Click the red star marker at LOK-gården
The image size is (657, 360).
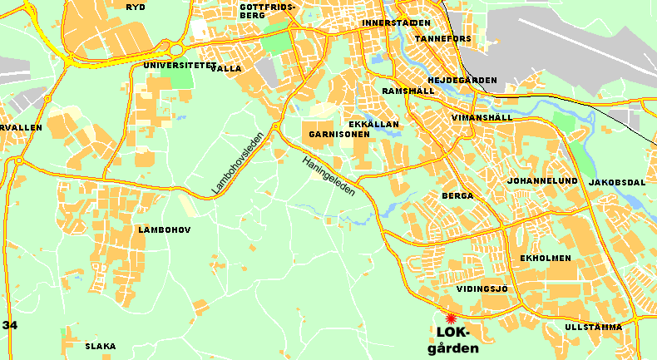pyautogui.click(x=452, y=318)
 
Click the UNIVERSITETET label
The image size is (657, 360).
pyautogui.click(x=180, y=65)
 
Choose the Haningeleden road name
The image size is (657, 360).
pyautogui.click(x=328, y=176)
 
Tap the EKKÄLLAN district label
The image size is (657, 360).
pyautogui.click(x=374, y=124)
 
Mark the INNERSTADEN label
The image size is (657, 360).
pyautogui.click(x=397, y=22)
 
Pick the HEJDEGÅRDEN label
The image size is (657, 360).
pyautogui.click(x=462, y=81)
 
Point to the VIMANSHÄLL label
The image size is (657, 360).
pyautogui.click(x=482, y=118)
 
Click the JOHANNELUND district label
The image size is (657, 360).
pyautogui.click(x=542, y=180)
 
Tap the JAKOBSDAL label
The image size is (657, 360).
pyautogui.click(x=616, y=182)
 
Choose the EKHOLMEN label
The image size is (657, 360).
pyautogui.click(x=545, y=259)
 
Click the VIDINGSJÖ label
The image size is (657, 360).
pyautogui.click(x=482, y=288)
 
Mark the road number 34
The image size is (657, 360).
pyautogui.click(x=10, y=324)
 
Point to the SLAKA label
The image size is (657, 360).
pyautogui.click(x=101, y=347)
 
